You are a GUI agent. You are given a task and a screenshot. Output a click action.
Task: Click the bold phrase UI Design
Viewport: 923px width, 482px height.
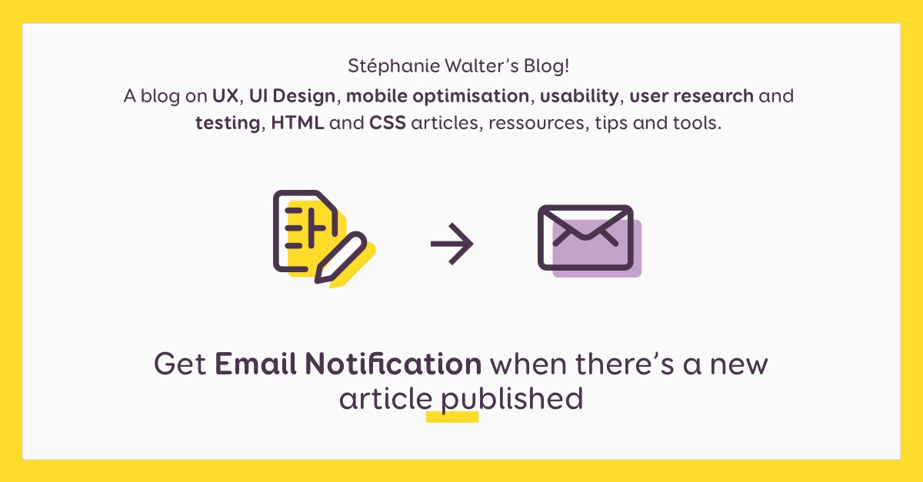(x=292, y=97)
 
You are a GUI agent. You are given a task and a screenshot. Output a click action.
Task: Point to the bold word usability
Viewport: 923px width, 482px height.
(x=578, y=97)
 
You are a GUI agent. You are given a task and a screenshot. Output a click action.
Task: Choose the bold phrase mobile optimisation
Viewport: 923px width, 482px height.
(x=438, y=97)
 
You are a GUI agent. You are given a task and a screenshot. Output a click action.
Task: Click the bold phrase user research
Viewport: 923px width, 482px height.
(x=692, y=97)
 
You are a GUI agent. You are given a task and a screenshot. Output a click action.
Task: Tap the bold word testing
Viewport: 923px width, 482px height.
(x=227, y=124)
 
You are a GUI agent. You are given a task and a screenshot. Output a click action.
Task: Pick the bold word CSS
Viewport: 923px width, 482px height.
(x=388, y=123)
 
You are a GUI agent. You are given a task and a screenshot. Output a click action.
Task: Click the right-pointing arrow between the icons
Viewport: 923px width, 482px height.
(x=452, y=244)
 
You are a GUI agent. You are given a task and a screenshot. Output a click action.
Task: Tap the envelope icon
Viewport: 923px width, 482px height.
(x=586, y=238)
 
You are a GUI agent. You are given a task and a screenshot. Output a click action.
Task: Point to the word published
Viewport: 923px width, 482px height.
(x=511, y=400)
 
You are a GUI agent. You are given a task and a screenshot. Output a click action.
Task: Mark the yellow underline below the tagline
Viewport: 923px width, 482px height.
(x=452, y=417)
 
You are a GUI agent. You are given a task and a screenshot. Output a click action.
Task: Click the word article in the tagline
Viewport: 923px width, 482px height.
(x=385, y=400)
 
